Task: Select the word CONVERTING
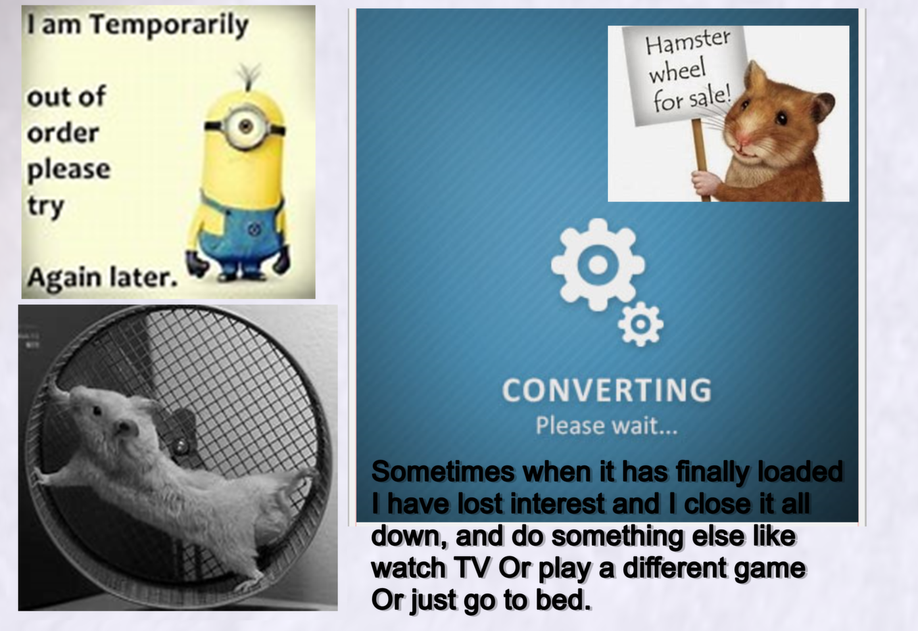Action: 607,390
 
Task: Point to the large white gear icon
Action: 598,265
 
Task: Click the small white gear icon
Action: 640,324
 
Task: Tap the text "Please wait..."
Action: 606,426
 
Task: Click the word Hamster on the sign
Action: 688,41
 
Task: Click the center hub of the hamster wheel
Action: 179,444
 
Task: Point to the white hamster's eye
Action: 97,410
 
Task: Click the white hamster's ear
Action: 126,427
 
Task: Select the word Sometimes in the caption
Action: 443,472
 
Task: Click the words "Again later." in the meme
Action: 103,279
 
